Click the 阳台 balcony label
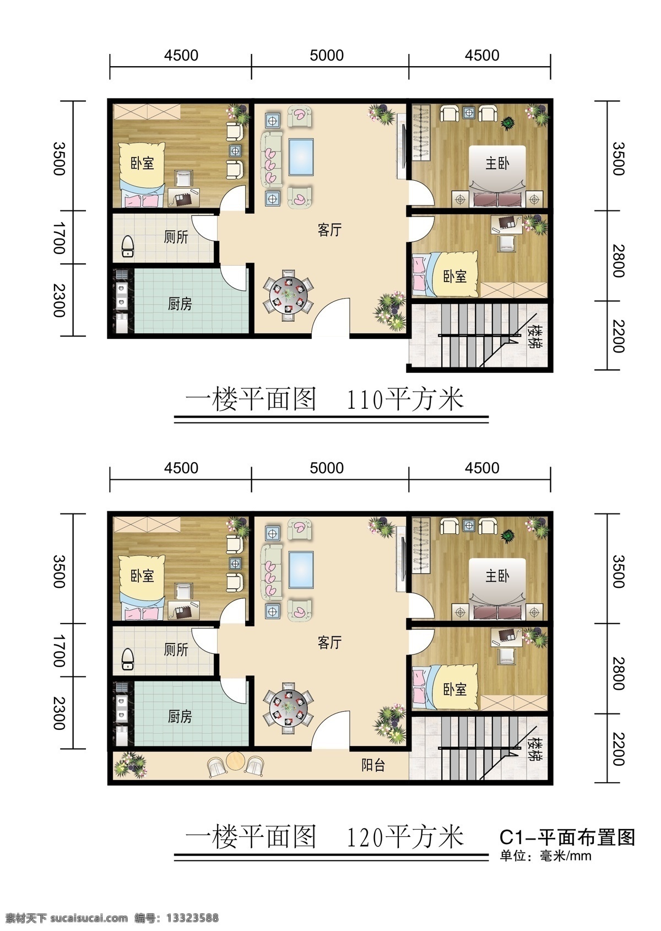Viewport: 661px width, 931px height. click(373, 765)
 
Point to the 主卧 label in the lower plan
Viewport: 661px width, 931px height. click(497, 576)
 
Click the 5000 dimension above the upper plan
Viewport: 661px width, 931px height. click(327, 55)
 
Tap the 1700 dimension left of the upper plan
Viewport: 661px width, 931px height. click(59, 238)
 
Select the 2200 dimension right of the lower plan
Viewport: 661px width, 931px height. click(619, 749)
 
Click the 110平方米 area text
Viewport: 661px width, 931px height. click(405, 400)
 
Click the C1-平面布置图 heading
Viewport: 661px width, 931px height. click(567, 837)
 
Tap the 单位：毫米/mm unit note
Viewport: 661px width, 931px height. click(545, 856)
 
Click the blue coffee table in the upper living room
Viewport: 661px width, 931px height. click(301, 158)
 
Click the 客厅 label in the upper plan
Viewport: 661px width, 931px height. click(329, 229)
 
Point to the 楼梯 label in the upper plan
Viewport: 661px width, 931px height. click(533, 336)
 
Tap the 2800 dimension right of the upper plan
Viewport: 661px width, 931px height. click(619, 261)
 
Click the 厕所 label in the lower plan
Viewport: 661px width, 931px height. click(176, 649)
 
